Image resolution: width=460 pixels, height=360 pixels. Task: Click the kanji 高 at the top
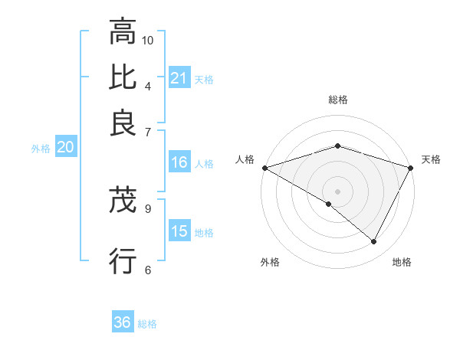coord(123,33)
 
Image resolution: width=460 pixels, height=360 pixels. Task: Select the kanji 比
coord(123,77)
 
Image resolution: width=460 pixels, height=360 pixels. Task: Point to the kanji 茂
coord(123,201)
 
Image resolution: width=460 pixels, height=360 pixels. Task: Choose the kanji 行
coord(123,260)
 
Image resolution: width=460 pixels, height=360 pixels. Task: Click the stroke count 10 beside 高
coord(148,40)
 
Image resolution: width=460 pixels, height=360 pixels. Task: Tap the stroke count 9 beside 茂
coord(147,208)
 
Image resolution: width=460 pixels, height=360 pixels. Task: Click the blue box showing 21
coord(179,78)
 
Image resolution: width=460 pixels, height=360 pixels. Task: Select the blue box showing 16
coord(179,162)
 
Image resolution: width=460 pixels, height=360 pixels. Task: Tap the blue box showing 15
coord(179,231)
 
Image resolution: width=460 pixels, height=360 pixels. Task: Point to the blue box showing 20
coord(65,148)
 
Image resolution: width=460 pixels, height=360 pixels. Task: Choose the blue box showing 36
coord(122,322)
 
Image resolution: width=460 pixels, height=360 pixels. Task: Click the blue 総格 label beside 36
coord(147,324)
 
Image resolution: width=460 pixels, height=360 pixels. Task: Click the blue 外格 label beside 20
coord(41,149)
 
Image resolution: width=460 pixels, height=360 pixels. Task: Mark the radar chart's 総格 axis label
coord(337,100)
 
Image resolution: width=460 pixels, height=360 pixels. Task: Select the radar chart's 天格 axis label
coord(431,159)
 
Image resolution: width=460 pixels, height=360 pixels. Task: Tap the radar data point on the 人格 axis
coord(264,168)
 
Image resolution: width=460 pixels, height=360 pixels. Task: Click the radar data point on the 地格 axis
coord(374,242)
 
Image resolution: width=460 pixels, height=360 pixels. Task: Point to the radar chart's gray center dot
coord(337,191)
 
